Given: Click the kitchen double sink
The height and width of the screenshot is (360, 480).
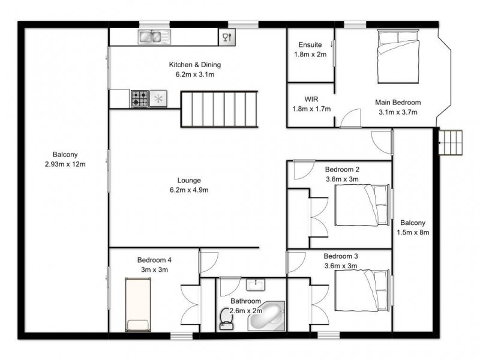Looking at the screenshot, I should (x=151, y=37).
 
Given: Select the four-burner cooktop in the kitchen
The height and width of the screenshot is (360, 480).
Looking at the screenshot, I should (x=140, y=99).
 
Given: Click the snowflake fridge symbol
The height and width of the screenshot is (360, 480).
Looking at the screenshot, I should (x=159, y=99).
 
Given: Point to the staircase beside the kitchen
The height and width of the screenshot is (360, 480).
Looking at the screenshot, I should (x=219, y=109).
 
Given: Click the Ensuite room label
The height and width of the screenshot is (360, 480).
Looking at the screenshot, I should (x=310, y=45).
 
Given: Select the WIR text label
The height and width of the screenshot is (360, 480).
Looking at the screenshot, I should (x=311, y=99).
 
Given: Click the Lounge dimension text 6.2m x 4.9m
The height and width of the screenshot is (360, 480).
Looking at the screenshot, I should (x=188, y=190).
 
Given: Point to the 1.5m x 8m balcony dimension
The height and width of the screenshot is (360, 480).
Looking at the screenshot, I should (x=413, y=232).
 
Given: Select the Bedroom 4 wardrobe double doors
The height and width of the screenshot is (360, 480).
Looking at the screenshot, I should (x=190, y=307).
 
